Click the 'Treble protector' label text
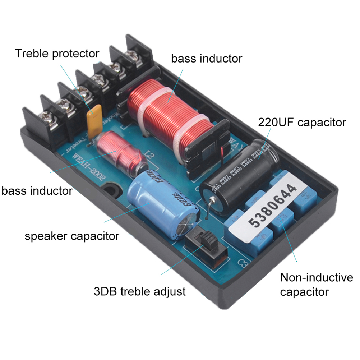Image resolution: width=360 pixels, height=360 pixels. [57, 54]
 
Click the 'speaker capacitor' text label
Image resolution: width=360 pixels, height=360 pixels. [71, 236]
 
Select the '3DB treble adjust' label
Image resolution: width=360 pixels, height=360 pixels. [139, 291]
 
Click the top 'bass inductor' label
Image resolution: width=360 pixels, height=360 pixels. [206, 58]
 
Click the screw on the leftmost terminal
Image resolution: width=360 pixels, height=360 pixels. [47, 116]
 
